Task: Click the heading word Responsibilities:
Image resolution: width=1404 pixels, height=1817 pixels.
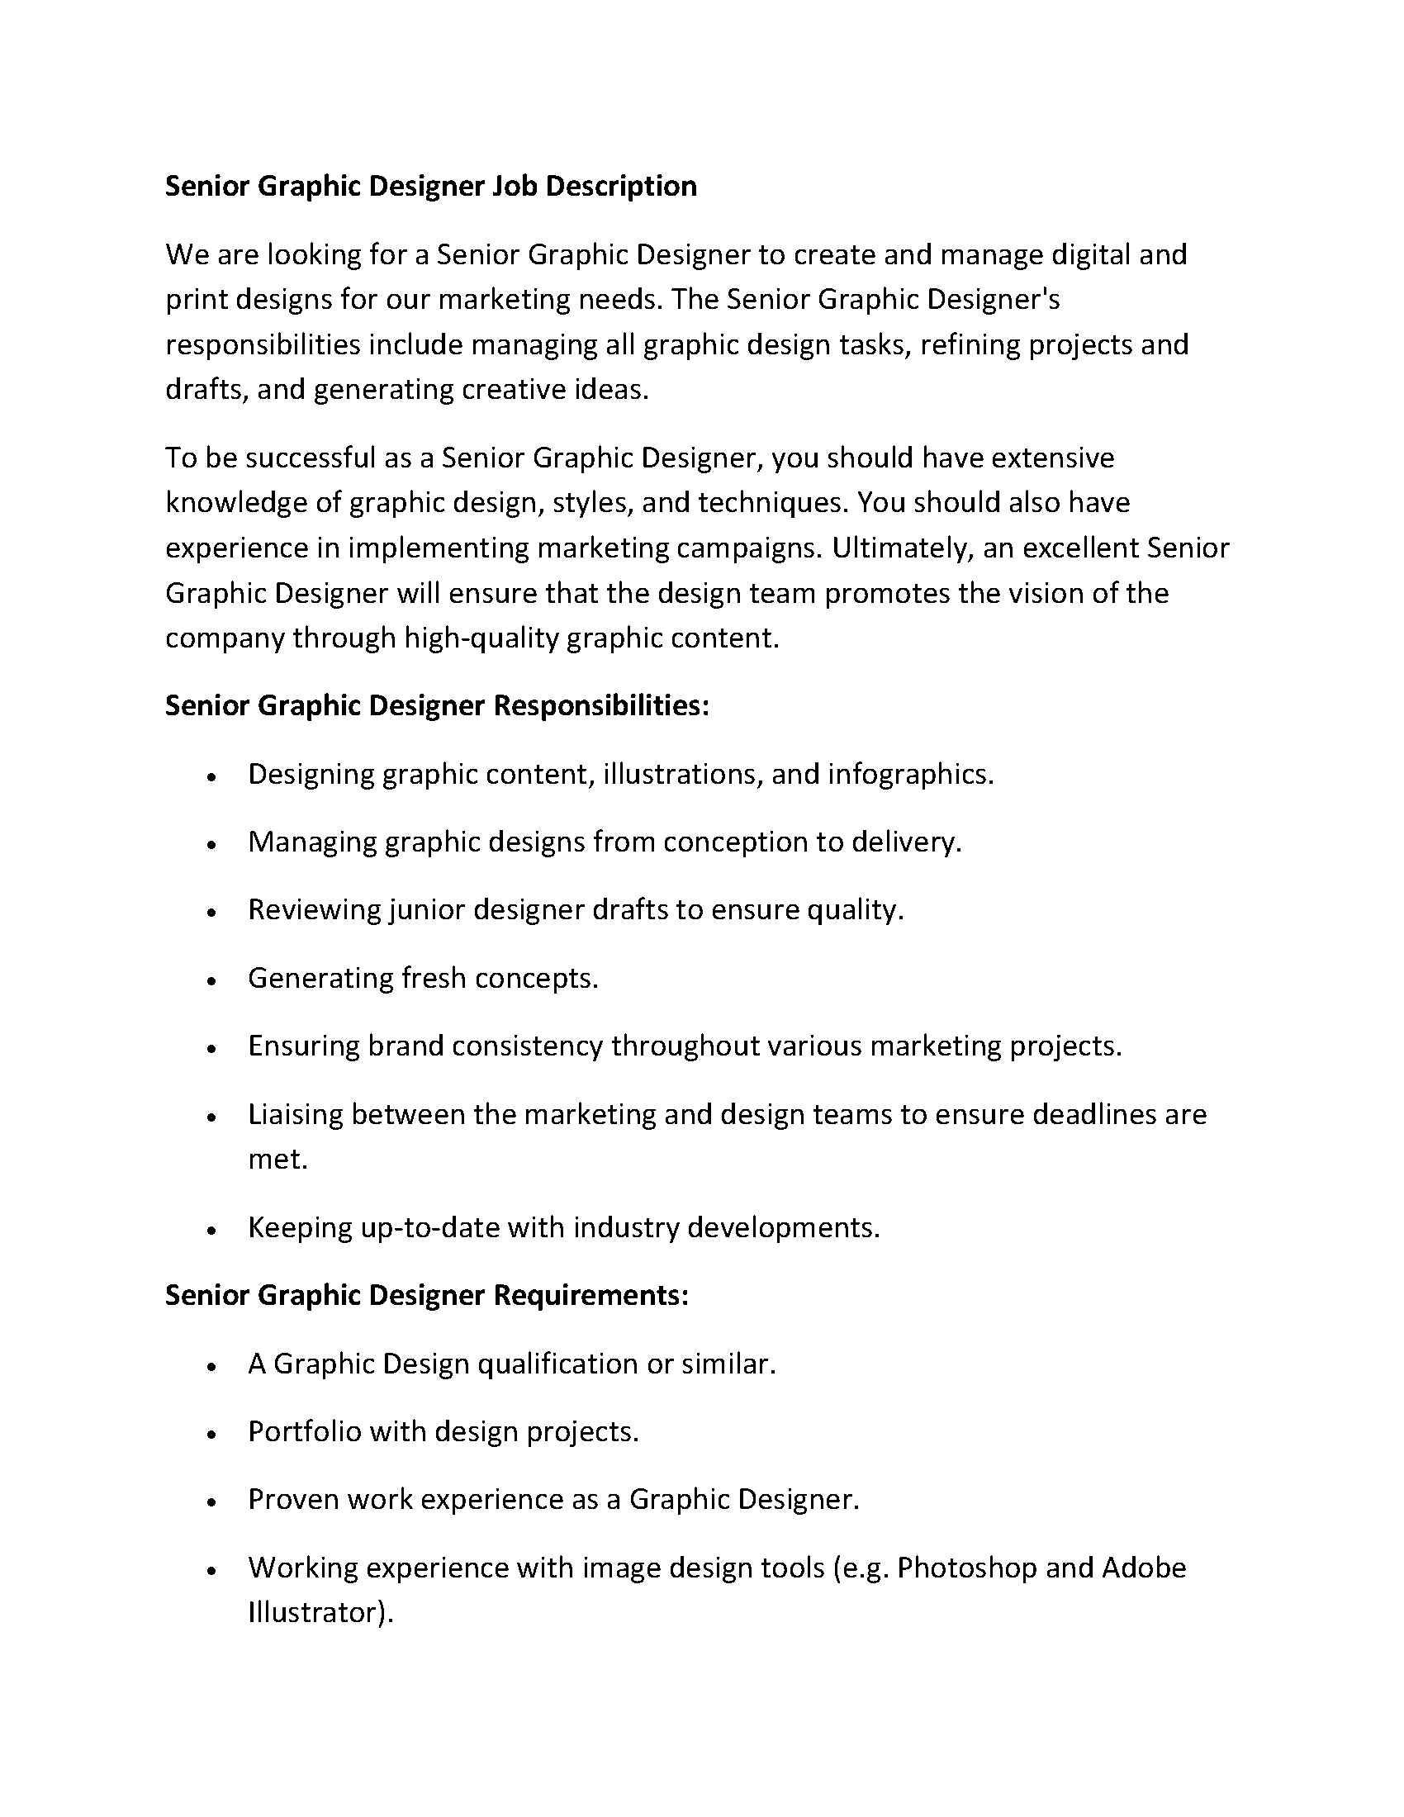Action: point(601,705)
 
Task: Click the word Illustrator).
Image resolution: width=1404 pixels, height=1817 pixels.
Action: point(320,1612)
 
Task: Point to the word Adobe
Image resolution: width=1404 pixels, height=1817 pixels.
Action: point(1144,1568)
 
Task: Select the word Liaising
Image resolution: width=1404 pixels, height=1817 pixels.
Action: point(296,1114)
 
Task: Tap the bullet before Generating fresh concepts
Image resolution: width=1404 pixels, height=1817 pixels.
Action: point(213,981)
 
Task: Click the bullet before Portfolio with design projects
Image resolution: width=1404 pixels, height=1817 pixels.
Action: point(213,1435)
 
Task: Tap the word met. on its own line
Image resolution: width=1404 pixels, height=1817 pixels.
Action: point(277,1159)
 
